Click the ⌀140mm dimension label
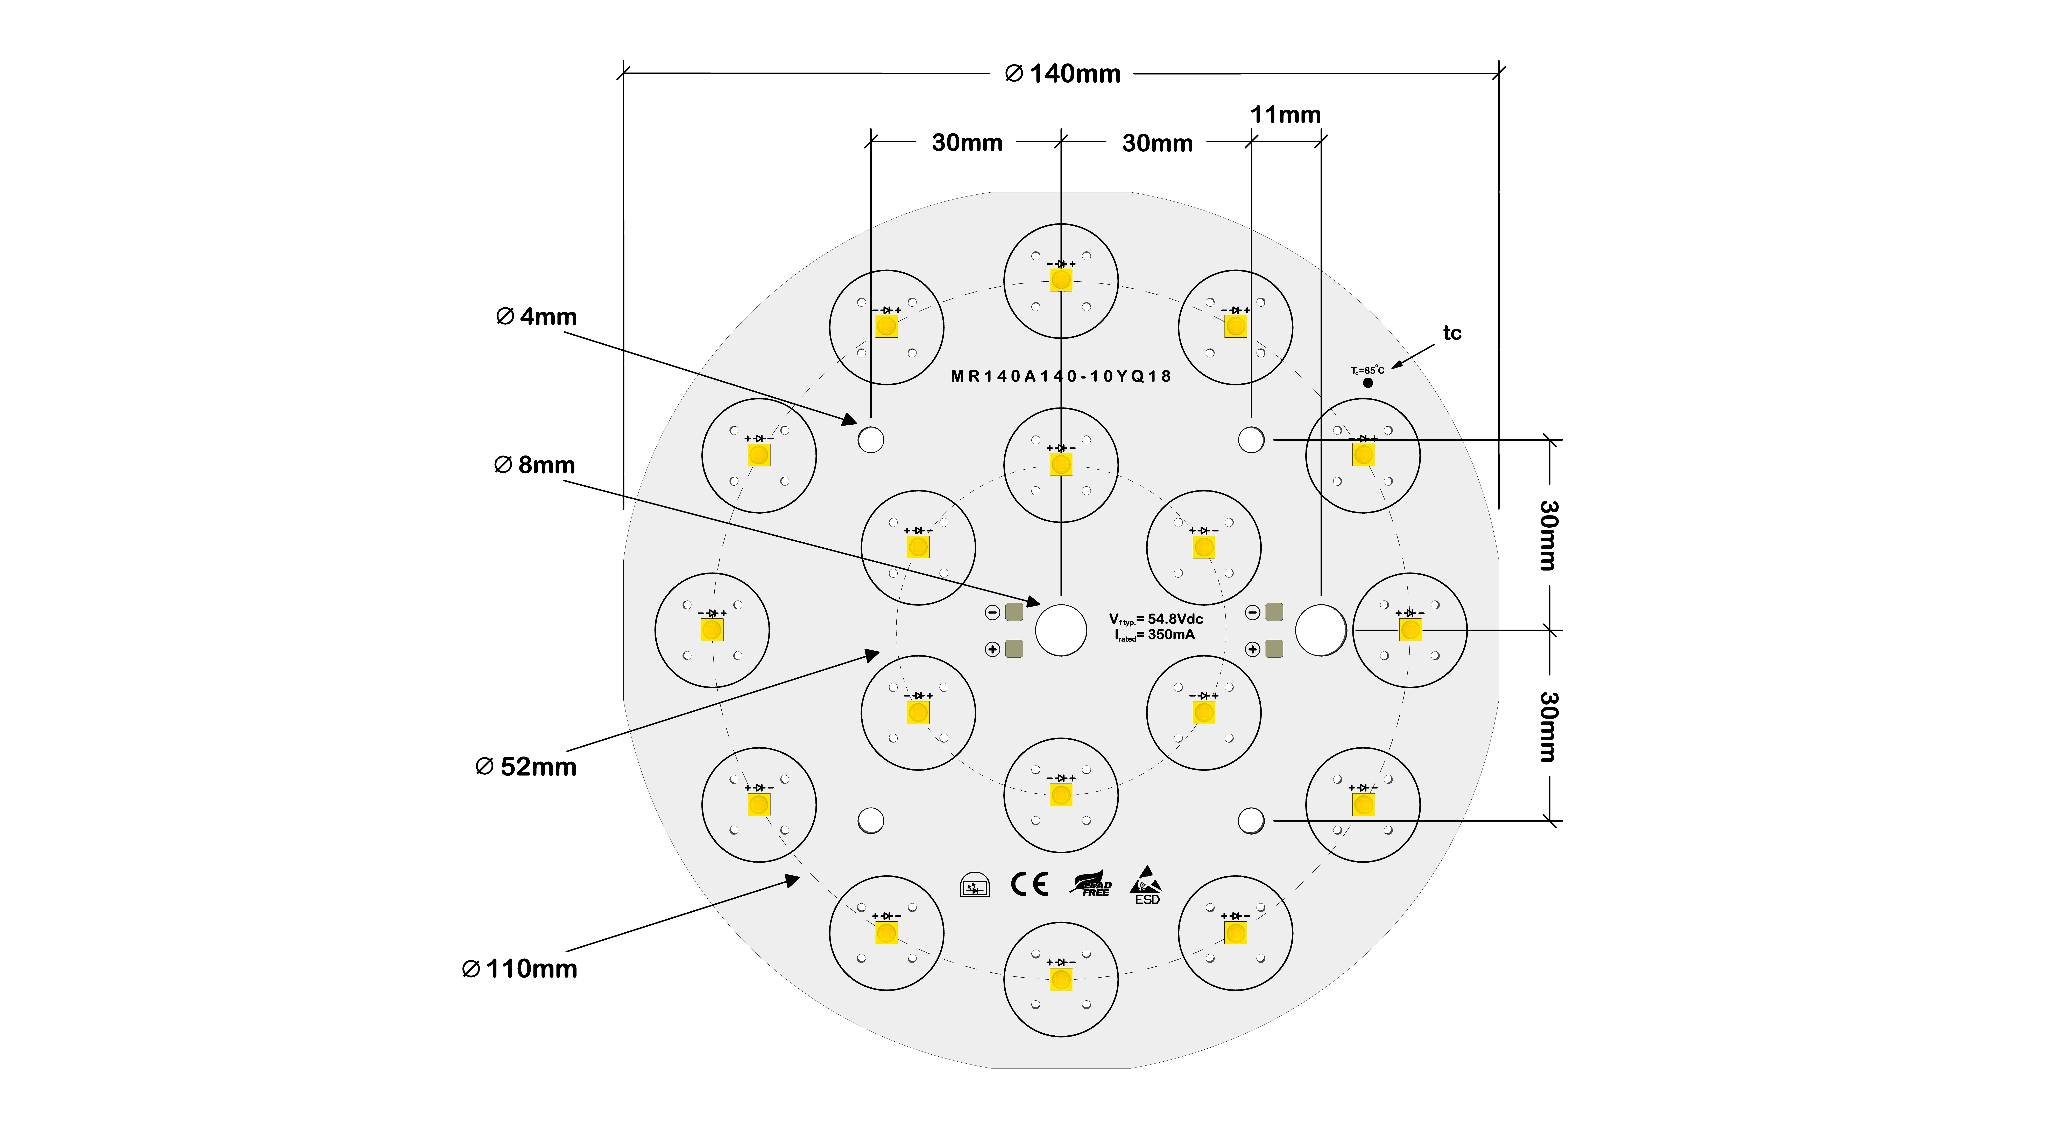(1063, 74)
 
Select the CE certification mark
(1029, 884)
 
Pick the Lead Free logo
(1091, 884)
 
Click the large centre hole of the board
(1061, 630)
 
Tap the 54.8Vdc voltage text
(1174, 619)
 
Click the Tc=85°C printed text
(1367, 370)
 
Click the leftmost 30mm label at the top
(967, 143)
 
